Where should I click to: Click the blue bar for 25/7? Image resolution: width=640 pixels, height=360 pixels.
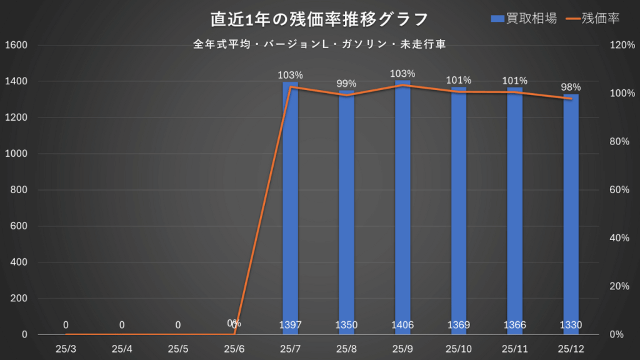click(290, 206)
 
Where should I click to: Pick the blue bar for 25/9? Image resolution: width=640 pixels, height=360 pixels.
click(402, 206)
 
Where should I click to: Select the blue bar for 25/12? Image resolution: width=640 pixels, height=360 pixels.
click(571, 212)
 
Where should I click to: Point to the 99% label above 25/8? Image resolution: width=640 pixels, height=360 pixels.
click(346, 84)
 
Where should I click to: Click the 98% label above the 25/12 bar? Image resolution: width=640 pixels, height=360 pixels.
click(571, 87)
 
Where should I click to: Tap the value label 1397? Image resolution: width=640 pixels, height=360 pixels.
click(290, 325)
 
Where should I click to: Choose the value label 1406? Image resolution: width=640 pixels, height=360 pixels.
click(402, 325)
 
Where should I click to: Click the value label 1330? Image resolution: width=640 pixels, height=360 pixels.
click(571, 325)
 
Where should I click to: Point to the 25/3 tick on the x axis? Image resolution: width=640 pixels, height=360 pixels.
click(65, 348)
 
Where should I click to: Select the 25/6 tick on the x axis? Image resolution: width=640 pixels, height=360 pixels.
click(234, 348)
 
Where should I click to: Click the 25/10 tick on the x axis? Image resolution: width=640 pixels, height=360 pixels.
click(459, 348)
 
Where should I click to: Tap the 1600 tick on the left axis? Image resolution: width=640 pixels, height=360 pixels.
click(16, 45)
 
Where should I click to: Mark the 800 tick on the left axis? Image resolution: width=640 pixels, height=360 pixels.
click(19, 190)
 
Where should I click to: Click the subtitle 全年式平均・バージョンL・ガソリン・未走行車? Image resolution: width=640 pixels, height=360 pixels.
click(319, 44)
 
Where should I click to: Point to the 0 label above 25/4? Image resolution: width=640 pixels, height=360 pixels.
click(122, 325)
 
